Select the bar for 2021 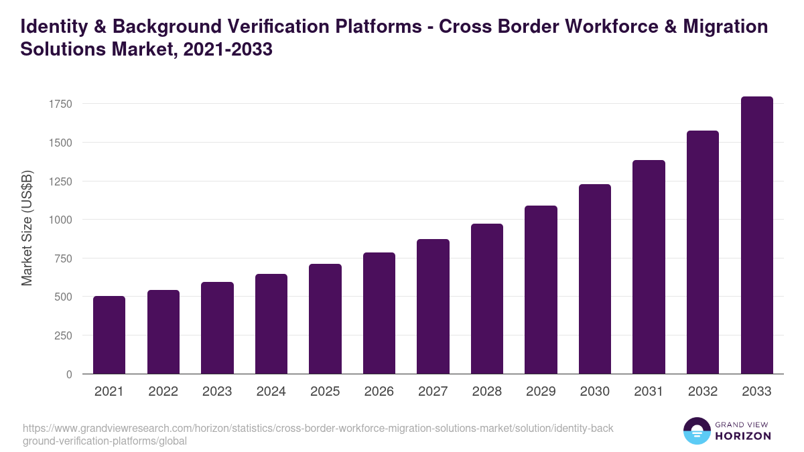point(109,335)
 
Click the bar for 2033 point(757,235)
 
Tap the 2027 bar point(433,307)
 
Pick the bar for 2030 point(595,279)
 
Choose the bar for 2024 point(271,324)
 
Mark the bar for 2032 point(703,252)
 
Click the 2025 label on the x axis point(325,392)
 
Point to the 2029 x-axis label point(541,392)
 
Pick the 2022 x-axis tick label point(163,392)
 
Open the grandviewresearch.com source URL point(318,435)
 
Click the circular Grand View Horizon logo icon point(696,431)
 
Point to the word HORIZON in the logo point(744,436)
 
